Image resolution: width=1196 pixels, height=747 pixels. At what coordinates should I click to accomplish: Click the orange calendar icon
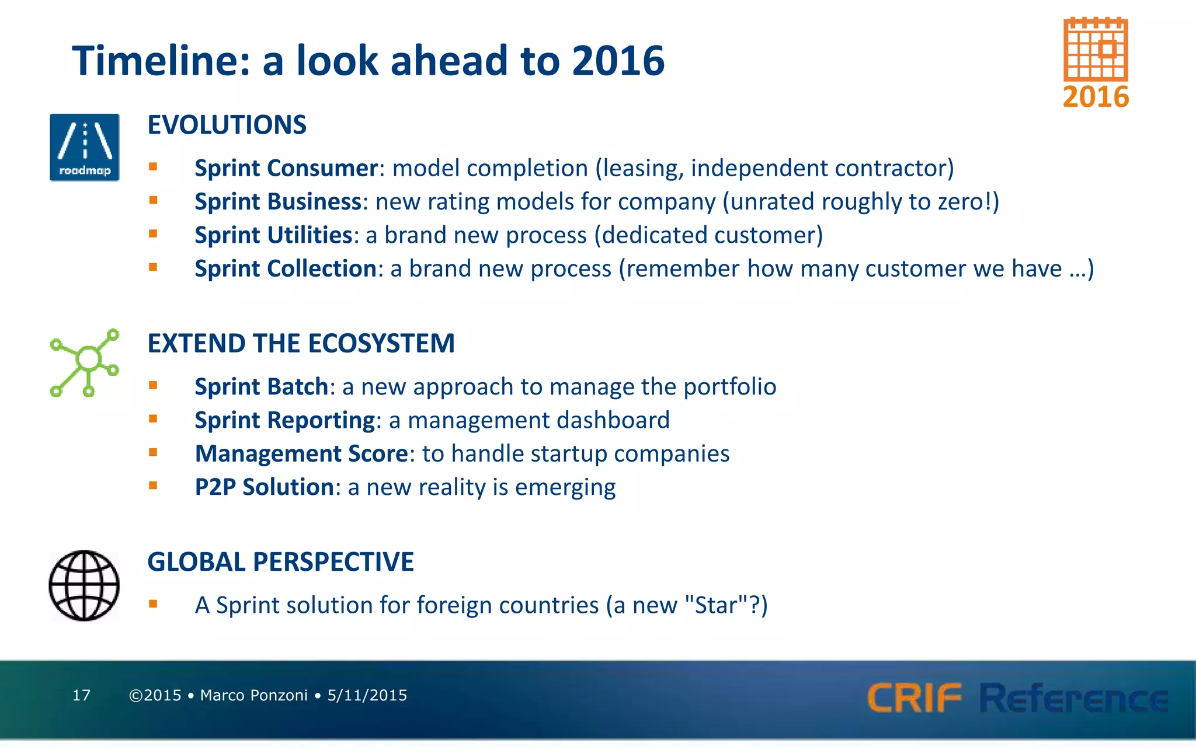(1096, 50)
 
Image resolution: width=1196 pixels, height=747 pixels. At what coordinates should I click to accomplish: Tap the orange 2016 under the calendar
(1096, 97)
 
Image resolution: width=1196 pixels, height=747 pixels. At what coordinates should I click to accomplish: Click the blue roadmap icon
(85, 147)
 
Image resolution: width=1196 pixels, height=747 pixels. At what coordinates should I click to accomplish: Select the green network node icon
(85, 362)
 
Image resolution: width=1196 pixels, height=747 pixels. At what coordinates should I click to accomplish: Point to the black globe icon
(84, 585)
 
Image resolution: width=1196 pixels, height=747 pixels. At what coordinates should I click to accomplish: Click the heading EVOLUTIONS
(227, 125)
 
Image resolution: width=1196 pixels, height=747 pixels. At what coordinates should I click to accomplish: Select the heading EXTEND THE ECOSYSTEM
(301, 343)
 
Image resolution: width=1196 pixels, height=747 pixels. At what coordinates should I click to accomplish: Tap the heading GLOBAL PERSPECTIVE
(280, 562)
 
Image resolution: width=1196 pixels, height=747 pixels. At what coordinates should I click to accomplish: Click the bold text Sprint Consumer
(286, 168)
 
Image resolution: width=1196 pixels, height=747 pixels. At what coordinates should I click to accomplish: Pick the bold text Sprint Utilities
(273, 235)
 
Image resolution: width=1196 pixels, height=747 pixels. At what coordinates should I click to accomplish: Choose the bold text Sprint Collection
(286, 268)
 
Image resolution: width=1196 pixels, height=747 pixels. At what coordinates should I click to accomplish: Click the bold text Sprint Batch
(262, 387)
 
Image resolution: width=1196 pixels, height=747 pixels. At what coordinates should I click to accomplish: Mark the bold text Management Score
(301, 453)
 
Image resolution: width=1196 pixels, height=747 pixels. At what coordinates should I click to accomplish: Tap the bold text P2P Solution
(264, 487)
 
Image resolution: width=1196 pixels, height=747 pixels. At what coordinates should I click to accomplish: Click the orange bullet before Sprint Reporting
(153, 418)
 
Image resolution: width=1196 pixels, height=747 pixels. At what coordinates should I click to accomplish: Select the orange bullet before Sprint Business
(153, 200)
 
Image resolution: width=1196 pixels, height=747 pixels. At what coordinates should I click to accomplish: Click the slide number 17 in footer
(81, 695)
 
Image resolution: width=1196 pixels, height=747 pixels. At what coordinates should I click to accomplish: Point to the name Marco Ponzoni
(253, 695)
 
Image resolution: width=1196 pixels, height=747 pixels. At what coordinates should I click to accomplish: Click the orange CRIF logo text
(914, 698)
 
